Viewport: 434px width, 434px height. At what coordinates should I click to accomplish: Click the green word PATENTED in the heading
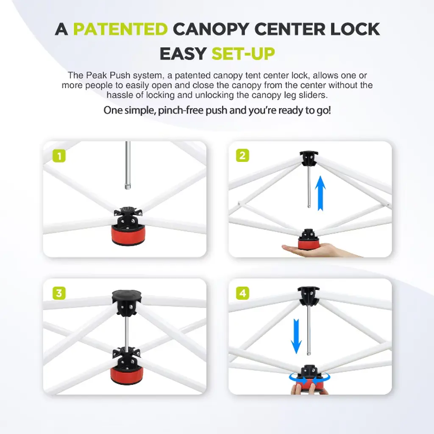point(120,29)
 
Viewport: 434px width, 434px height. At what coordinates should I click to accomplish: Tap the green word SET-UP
point(243,53)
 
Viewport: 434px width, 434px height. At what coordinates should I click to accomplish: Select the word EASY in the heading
point(183,53)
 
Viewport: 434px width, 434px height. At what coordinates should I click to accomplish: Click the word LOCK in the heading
point(355,29)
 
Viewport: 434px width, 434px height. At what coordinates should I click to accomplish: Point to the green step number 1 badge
point(59,156)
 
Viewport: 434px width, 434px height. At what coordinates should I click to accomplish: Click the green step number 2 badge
point(242,155)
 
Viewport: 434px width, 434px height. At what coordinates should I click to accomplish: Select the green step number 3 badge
point(59,293)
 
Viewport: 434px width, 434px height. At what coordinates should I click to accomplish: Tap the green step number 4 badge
point(242,293)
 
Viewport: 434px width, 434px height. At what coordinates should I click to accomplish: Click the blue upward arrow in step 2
point(320,193)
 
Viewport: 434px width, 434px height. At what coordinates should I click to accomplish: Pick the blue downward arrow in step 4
point(296,336)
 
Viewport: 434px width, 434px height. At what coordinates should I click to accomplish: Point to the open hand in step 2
point(321,250)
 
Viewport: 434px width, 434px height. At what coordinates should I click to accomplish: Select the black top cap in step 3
point(127,296)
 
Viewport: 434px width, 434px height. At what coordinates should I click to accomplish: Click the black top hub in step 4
point(309,295)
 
